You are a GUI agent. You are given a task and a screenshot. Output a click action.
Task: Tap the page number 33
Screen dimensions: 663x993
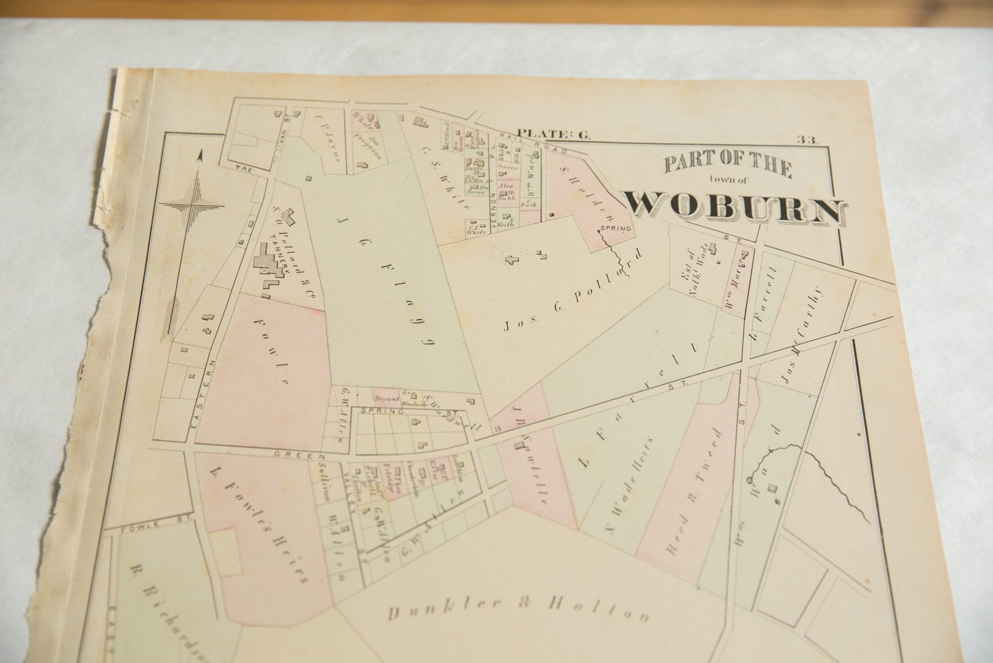pyautogui.click(x=808, y=140)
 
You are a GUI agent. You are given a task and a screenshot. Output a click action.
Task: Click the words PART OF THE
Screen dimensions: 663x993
pyautogui.click(x=727, y=165)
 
